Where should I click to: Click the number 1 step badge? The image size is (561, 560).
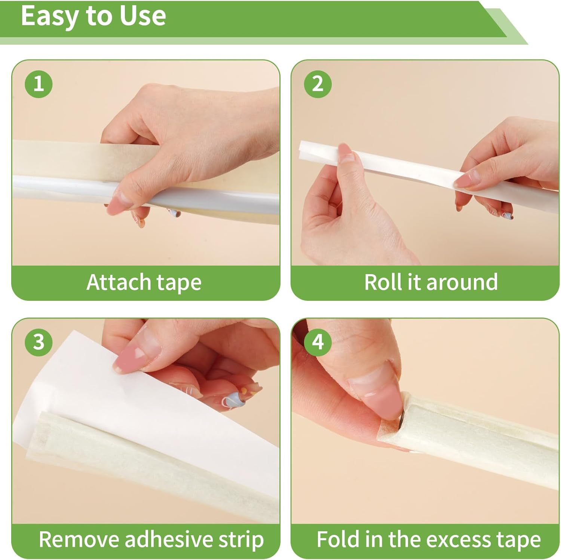tap(39, 83)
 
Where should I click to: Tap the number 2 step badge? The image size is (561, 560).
tap(318, 83)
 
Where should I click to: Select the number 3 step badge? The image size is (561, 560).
tap(39, 342)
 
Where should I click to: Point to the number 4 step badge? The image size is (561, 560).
tap(318, 342)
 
